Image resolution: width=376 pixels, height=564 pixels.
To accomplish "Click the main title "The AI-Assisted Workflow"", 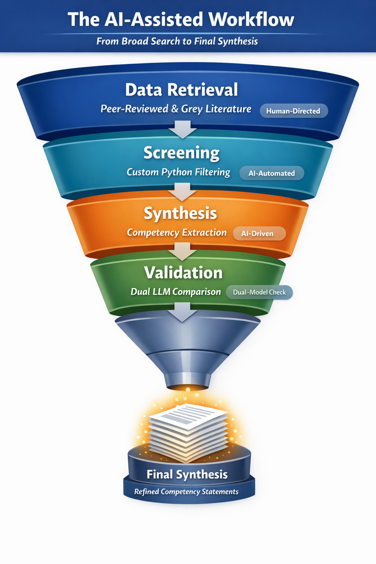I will tap(181, 19).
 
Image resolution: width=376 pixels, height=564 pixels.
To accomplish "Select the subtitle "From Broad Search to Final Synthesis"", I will tap(177, 41).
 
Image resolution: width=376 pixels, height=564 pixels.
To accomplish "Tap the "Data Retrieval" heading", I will tap(181, 90).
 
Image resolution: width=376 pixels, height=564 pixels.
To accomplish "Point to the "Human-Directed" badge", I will tap(293, 111).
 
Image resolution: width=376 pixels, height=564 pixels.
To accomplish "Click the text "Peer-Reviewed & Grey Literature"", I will tap(176, 109).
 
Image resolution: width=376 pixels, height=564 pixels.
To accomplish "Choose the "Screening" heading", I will tap(181, 153).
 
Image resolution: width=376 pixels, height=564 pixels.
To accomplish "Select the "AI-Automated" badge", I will tap(272, 173).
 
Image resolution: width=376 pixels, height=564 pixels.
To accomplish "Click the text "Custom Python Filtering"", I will tap(178, 172).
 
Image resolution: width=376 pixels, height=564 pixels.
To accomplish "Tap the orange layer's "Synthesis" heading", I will tap(180, 213).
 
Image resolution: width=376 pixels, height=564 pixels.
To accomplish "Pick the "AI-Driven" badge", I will tap(257, 234).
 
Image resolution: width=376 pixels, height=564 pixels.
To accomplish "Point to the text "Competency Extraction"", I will tap(177, 233).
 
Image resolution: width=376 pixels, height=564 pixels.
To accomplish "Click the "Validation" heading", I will tap(183, 273).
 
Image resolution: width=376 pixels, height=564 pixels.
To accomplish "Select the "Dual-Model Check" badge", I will tap(259, 292).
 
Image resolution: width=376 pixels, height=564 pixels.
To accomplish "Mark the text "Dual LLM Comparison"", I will tap(176, 292).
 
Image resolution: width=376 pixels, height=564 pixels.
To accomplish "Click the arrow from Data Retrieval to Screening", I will tap(182, 130).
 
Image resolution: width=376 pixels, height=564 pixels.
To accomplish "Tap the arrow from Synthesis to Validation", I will tap(182, 252).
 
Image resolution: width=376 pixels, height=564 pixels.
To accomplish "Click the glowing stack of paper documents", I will tap(188, 431).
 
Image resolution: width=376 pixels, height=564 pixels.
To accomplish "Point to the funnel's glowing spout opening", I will tap(188, 387).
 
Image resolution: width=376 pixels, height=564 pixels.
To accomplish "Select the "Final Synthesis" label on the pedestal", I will tap(187, 474).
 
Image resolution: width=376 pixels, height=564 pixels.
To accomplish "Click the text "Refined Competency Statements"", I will tap(186, 492).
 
